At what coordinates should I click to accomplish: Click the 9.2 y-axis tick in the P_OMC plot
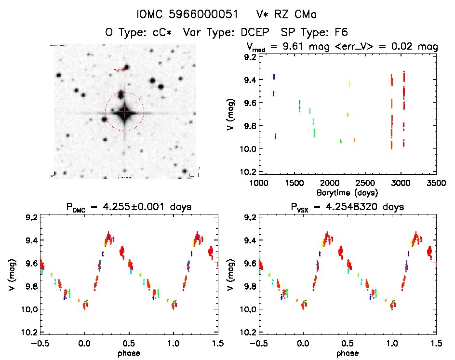point(31,217)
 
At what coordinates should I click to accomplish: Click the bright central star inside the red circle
point(124,112)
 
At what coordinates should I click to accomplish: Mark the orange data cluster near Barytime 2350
point(354,140)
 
